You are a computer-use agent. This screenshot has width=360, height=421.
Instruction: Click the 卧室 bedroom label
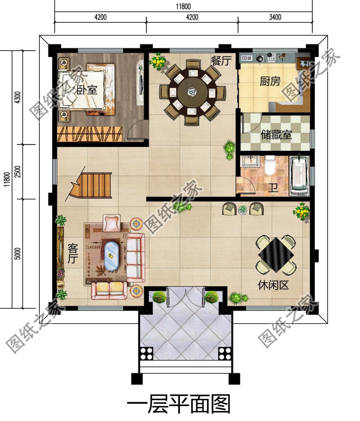[x=87, y=90]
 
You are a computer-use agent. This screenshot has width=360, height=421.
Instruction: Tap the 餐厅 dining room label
[x=221, y=61]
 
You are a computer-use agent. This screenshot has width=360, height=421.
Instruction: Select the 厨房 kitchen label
[x=270, y=81]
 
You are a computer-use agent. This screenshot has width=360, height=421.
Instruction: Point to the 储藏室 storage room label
[x=276, y=135]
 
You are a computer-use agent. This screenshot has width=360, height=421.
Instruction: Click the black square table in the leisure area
[x=276, y=254]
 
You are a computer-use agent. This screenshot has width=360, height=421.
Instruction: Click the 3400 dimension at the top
[x=275, y=17]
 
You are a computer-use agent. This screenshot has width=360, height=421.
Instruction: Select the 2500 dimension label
[x=18, y=172]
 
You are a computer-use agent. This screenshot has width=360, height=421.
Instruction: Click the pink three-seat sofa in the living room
[x=136, y=258]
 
